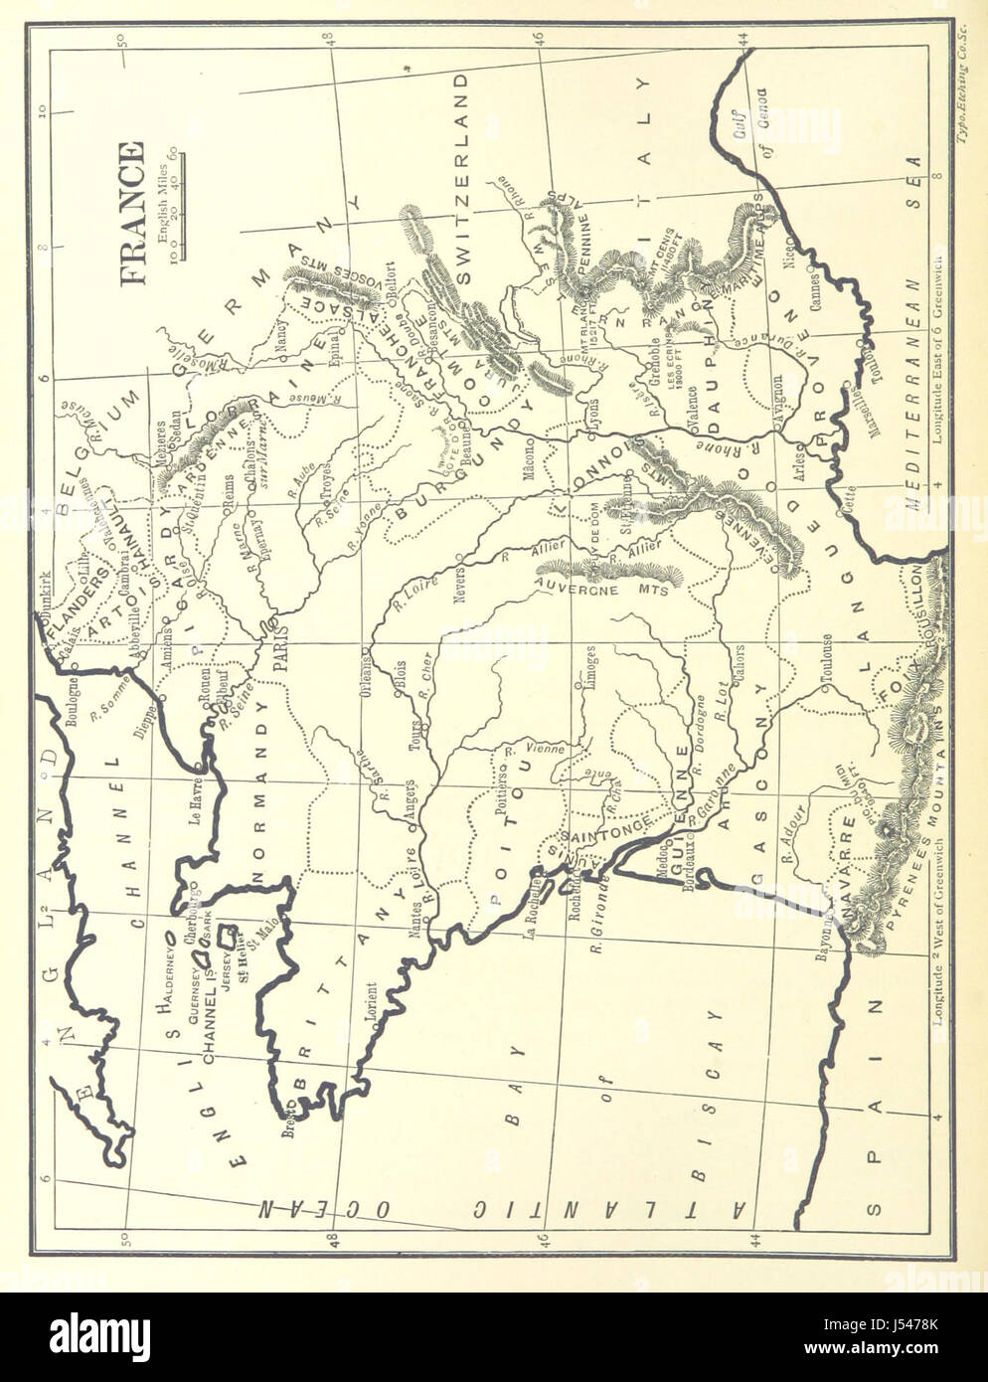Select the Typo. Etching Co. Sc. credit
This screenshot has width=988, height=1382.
coord(961,69)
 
